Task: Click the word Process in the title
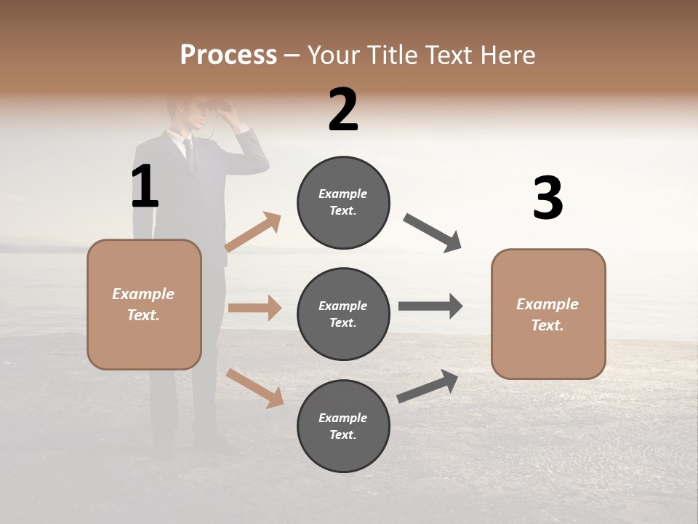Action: (x=228, y=55)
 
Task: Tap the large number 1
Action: (x=145, y=186)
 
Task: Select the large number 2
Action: (x=343, y=110)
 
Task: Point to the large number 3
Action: (x=547, y=198)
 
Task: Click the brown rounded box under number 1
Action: (x=144, y=304)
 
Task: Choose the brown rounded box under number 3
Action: (x=548, y=314)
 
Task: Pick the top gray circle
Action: (x=343, y=202)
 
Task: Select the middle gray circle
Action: (x=343, y=314)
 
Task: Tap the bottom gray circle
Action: (x=343, y=426)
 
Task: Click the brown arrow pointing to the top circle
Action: (x=253, y=231)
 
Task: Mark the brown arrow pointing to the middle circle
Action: (x=254, y=308)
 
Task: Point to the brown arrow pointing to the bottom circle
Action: (x=254, y=388)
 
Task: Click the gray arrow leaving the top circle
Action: (x=433, y=233)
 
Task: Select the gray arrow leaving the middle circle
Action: (x=430, y=306)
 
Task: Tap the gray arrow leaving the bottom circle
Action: (x=428, y=386)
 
